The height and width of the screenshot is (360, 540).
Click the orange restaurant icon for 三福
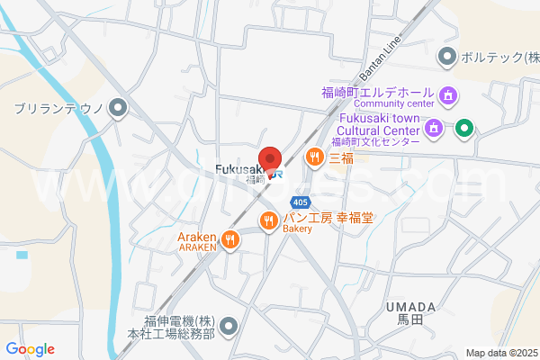click(x=314, y=157)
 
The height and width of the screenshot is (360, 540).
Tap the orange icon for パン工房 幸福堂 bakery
click(x=268, y=220)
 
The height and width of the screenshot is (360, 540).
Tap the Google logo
click(x=30, y=349)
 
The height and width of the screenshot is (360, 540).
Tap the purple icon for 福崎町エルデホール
click(x=448, y=94)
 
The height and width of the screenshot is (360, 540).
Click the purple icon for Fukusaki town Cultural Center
click(x=434, y=127)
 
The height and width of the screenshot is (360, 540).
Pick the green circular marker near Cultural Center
click(x=463, y=127)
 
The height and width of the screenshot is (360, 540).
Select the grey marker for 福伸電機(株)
click(x=229, y=324)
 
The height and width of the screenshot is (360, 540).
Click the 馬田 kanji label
click(x=409, y=319)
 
